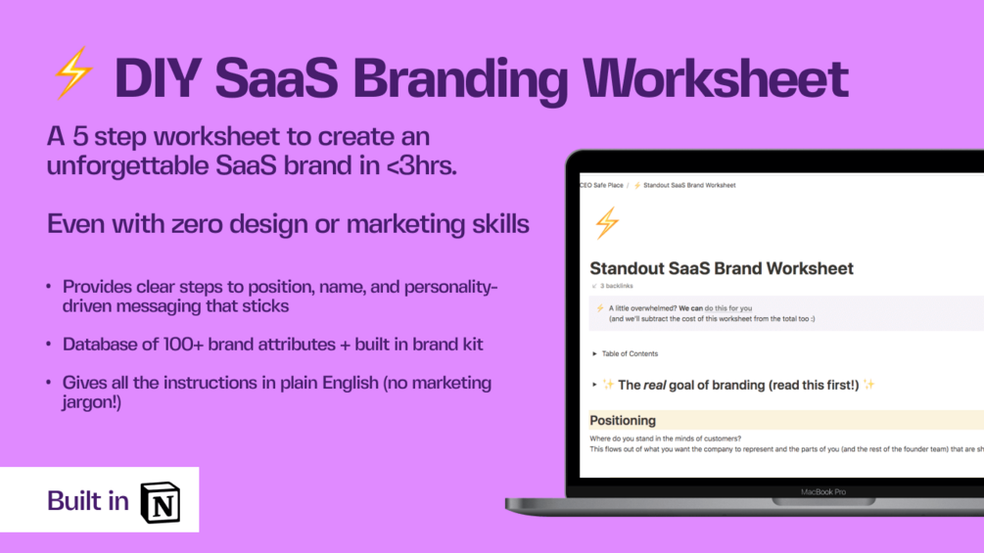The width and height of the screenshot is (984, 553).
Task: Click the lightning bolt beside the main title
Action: [x=73, y=73]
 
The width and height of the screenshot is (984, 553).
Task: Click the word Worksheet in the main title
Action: [x=716, y=78]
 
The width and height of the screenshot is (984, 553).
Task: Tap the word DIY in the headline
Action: [x=158, y=78]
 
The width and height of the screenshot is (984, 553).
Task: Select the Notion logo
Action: [x=161, y=502]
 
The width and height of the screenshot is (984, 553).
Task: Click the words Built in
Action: [x=88, y=501]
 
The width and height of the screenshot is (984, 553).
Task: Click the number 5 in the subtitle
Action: [x=79, y=136]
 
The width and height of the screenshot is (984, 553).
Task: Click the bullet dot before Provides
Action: [x=48, y=287]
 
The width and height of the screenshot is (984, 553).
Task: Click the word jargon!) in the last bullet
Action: [x=92, y=402]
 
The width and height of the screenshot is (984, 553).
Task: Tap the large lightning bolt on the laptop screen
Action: [x=607, y=223]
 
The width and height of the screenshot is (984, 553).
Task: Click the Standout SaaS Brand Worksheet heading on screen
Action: [x=721, y=268]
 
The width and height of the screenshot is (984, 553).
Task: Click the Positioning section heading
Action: [x=623, y=420]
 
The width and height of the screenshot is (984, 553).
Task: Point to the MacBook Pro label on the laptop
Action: [x=822, y=492]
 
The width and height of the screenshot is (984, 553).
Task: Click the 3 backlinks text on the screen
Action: [x=616, y=286]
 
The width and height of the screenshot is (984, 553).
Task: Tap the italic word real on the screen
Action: [x=655, y=385]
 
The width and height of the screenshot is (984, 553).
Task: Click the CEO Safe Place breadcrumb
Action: [x=601, y=186]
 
